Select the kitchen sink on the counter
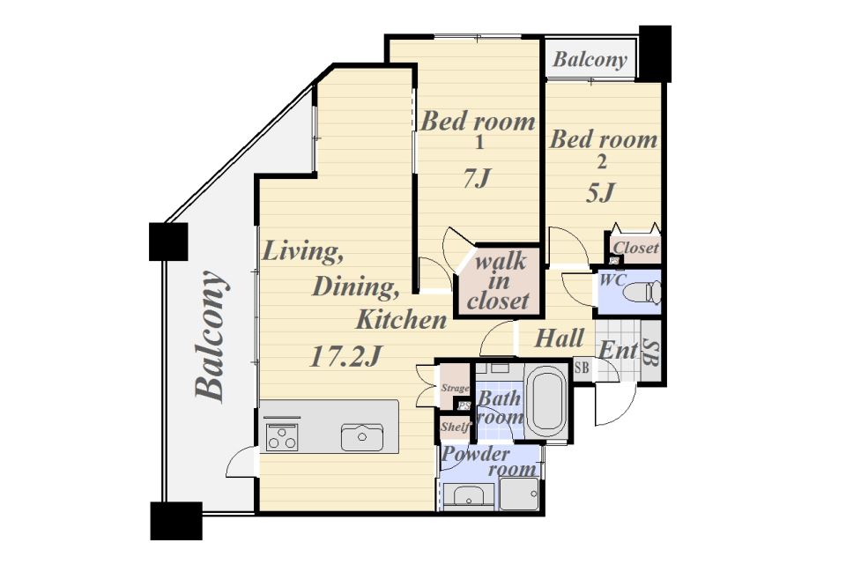coord(362,437)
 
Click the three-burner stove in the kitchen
coord(282,436)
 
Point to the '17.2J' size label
coord(345,357)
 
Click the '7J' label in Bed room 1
coord(477,177)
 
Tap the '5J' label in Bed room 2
coord(601,191)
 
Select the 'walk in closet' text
coord(498,281)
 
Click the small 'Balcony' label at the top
coord(590,59)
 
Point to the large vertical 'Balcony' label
coord(210,337)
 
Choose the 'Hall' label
coord(559,338)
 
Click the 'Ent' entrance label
coord(619,350)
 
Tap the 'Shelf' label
coord(455,427)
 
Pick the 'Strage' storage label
coord(455,388)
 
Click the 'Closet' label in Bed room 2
coord(636,248)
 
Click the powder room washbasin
coord(467,495)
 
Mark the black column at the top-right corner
coord(655,53)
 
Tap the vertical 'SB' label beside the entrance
coord(651,353)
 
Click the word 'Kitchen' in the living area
coord(402,319)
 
